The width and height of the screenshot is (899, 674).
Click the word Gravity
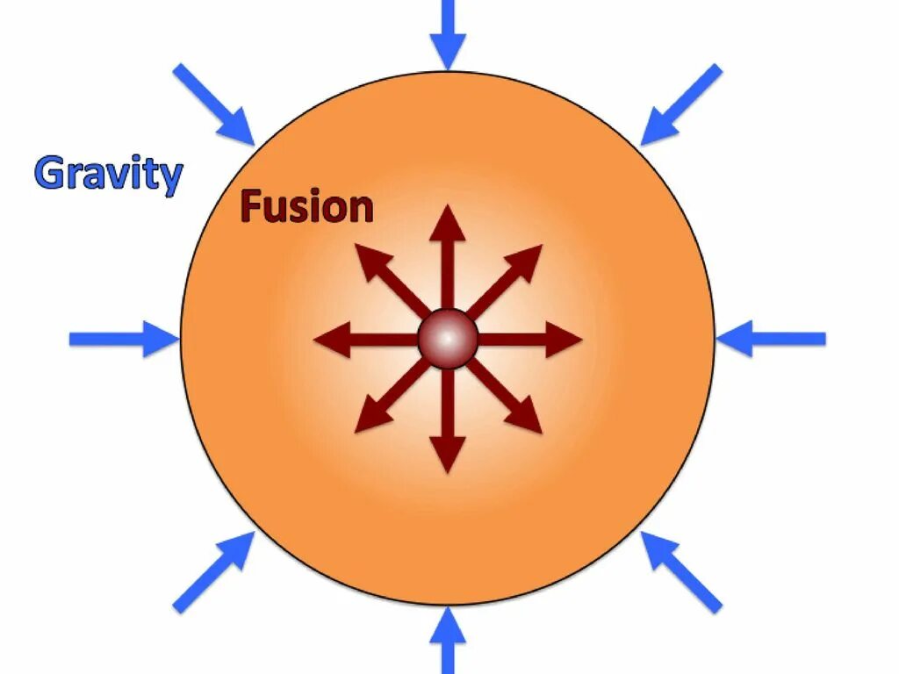(x=108, y=175)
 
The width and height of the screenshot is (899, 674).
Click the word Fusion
(x=306, y=207)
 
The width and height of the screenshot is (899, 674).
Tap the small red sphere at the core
(x=448, y=338)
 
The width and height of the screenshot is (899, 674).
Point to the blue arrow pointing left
(x=771, y=339)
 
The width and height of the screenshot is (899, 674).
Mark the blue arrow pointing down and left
(x=681, y=104)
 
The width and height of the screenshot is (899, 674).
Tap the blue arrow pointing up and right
(x=213, y=572)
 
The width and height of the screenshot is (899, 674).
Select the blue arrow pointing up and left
(x=681, y=572)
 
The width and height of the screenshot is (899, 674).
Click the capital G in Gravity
(x=49, y=174)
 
